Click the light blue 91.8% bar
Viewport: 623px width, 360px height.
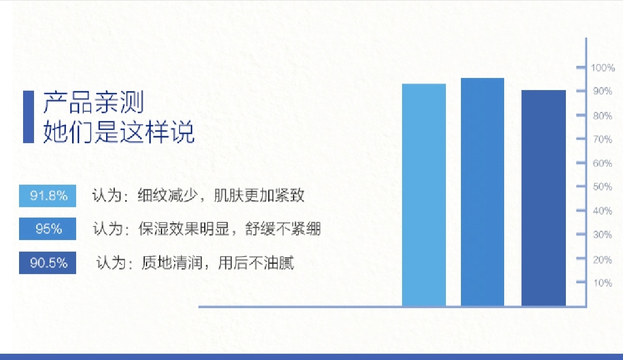click(x=424, y=194)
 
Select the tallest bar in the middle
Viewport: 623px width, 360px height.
click(x=482, y=192)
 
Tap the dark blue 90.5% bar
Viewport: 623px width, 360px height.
click(x=543, y=198)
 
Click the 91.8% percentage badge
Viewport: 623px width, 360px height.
click(x=48, y=196)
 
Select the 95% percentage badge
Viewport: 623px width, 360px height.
click(x=48, y=228)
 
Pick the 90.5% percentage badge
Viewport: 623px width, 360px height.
click(x=48, y=262)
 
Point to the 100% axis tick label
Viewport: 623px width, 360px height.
click(x=603, y=67)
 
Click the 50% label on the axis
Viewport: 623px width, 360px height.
click(x=602, y=186)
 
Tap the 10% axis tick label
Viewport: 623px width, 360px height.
click(x=602, y=283)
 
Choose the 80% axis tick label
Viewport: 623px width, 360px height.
click(x=602, y=115)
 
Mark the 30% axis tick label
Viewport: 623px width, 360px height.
click(x=602, y=234)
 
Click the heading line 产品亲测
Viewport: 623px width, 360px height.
click(x=93, y=102)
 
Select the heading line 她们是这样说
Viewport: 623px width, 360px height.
click(x=119, y=131)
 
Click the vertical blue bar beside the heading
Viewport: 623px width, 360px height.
click(x=29, y=117)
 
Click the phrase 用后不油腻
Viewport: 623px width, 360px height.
click(x=256, y=262)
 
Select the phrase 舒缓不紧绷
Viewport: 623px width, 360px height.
click(x=283, y=229)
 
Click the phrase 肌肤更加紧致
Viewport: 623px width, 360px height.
click(x=259, y=195)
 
